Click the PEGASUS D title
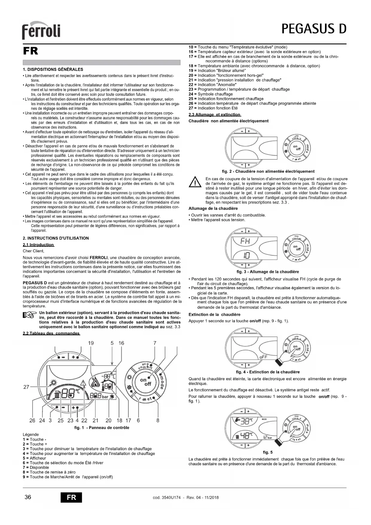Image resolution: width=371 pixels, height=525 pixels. tap(314, 29)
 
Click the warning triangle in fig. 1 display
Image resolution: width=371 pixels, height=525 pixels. tap(83, 383)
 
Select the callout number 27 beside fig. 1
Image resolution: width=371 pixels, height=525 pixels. tap(26, 387)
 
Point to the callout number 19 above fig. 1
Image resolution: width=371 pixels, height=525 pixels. tap(91, 343)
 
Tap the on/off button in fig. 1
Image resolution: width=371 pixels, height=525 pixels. tap(146, 382)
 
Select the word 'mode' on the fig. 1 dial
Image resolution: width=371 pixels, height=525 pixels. tap(162, 382)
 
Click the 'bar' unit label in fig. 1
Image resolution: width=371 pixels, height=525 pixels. tap(105, 397)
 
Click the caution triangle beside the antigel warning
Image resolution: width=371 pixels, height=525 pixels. tap(195, 182)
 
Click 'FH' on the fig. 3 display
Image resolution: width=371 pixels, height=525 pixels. tap(245, 241)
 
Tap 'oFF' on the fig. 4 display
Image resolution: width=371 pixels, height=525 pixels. tap(263, 357)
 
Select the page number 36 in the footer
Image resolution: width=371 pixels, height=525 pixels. tap(28, 497)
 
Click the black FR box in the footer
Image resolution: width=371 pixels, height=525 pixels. tap(71, 497)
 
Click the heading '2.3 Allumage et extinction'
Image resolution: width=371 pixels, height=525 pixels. tap(215, 115)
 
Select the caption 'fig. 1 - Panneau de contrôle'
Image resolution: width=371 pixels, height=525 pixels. tap(102, 428)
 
